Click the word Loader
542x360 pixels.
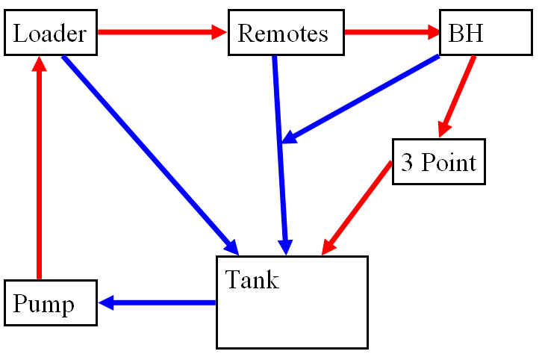click(x=50, y=34)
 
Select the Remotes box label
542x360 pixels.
click(x=283, y=34)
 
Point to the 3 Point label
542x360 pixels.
click(x=438, y=162)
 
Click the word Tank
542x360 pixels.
click(x=252, y=280)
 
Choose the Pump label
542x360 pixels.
click(x=44, y=304)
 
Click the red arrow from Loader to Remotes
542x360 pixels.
click(x=161, y=32)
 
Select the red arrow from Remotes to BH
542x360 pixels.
click(x=388, y=32)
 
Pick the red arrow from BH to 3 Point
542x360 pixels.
click(x=458, y=94)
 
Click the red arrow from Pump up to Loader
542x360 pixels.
click(x=40, y=172)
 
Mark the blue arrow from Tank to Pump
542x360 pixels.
click(x=161, y=302)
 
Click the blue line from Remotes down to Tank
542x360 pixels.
click(x=280, y=149)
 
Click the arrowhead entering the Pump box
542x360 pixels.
click(x=106, y=302)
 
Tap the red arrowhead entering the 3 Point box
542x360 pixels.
click(x=444, y=128)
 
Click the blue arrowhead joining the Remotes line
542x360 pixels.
click(x=290, y=137)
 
